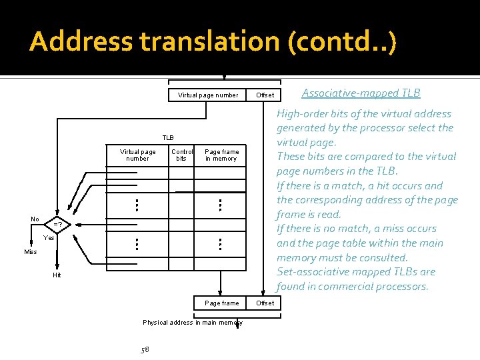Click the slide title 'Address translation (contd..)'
tap(213, 42)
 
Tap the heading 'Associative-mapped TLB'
tap(361, 93)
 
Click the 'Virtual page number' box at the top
tap(207, 95)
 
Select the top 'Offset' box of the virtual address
tap(265, 95)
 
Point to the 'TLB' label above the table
tap(167, 137)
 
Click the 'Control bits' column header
tap(182, 155)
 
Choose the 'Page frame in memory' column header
tap(221, 155)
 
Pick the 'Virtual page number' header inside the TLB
tap(137, 155)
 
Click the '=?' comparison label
tap(59, 224)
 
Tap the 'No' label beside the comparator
tap(35, 219)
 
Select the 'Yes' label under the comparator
tap(49, 238)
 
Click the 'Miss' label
tap(31, 252)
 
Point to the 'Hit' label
tap(57, 275)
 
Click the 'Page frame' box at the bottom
tap(221, 303)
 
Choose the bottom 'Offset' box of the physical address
tap(265, 303)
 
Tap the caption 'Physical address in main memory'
tap(193, 323)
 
